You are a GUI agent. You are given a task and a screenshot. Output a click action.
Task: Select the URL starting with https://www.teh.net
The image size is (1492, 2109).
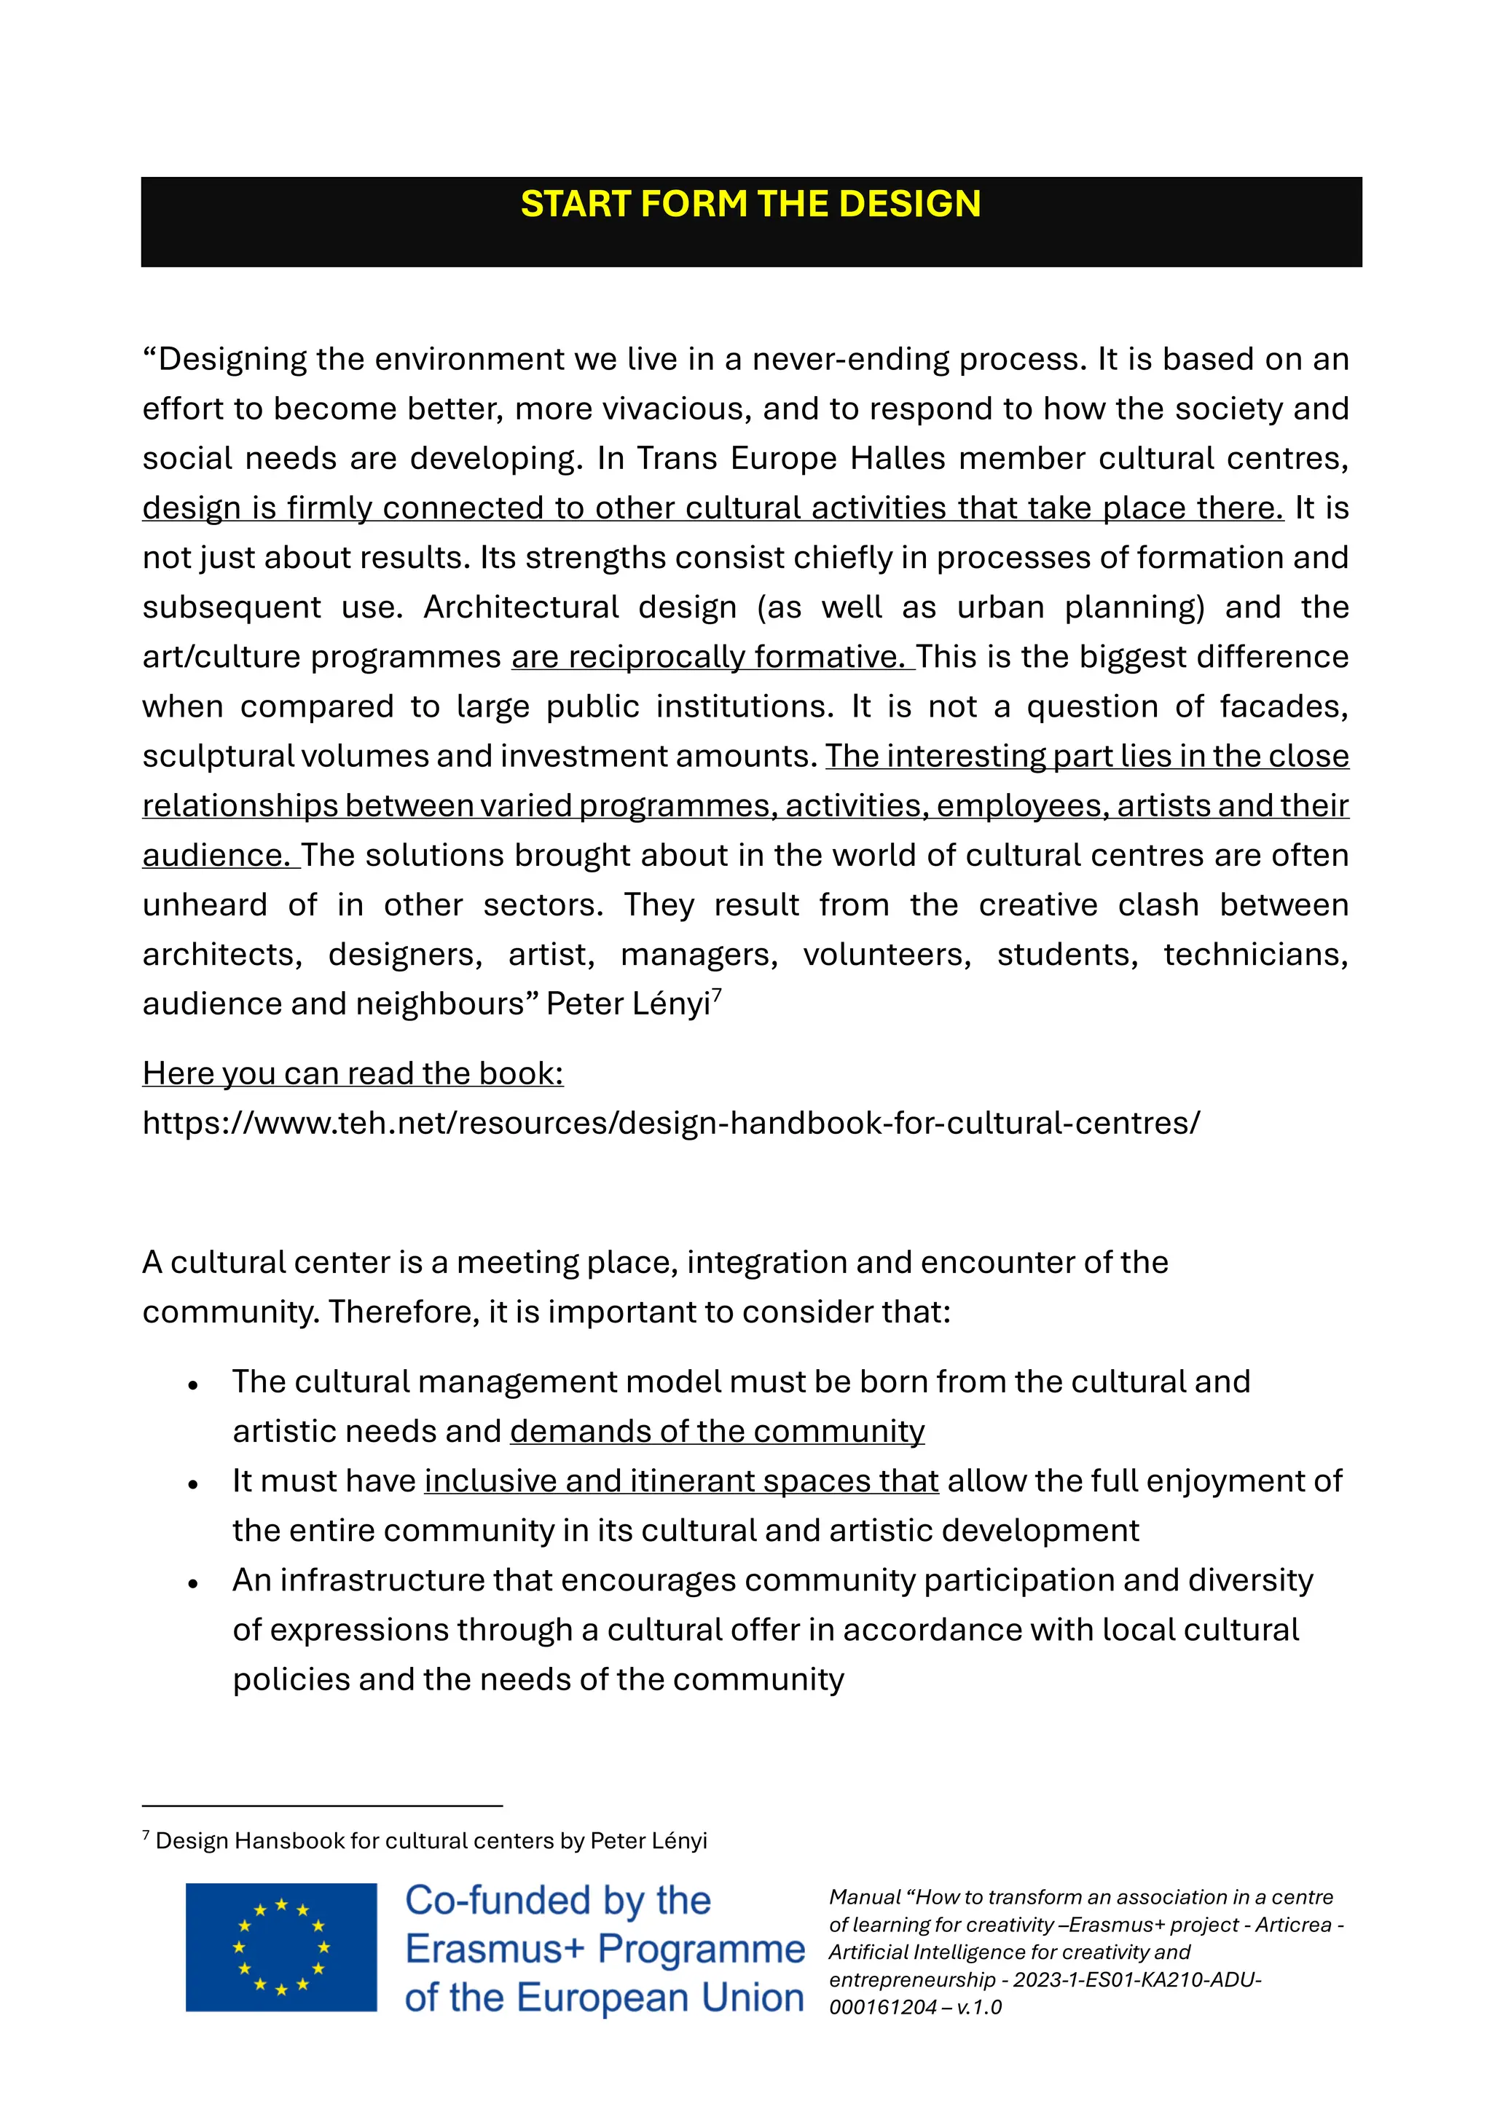tap(671, 1122)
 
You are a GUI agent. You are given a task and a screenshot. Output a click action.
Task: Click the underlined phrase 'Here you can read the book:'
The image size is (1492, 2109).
tap(353, 1073)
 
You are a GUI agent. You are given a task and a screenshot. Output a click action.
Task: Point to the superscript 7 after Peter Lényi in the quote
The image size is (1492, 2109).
tap(718, 995)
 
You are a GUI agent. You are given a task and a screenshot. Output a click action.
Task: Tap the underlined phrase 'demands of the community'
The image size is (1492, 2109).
tap(717, 1431)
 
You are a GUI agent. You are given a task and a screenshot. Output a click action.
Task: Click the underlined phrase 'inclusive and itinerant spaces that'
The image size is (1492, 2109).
tap(680, 1481)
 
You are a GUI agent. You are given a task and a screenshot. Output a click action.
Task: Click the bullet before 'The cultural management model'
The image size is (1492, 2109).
tap(193, 1384)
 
